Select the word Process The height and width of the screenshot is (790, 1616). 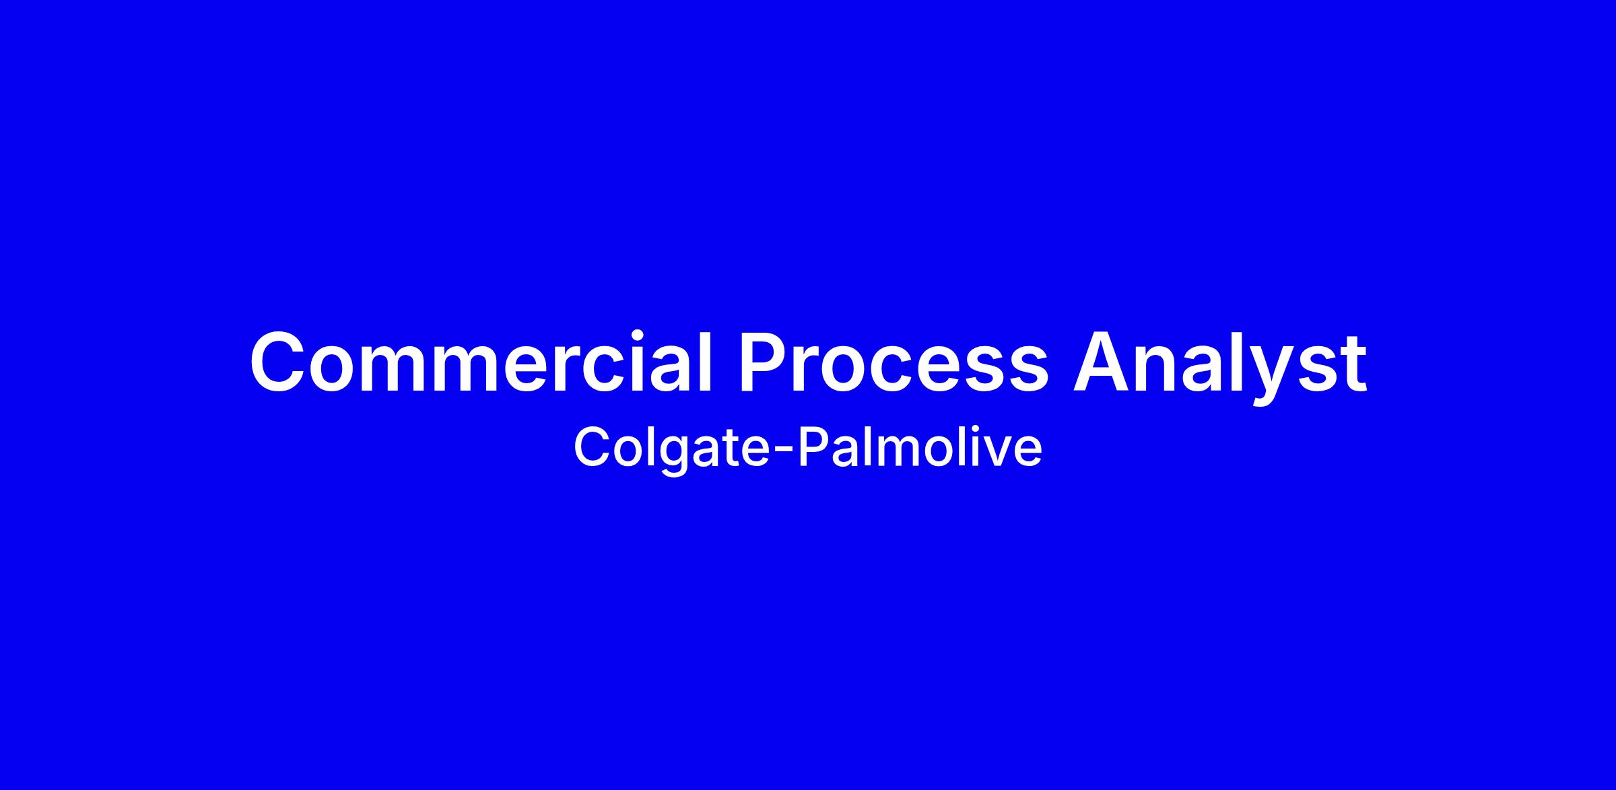click(894, 362)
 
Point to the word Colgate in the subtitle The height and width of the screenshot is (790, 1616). click(670, 449)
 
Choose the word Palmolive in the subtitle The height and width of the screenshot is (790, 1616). click(920, 447)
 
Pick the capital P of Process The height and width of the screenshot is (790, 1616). click(766, 362)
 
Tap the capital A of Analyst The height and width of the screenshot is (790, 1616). click(1103, 362)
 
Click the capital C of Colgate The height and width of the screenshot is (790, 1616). click(592, 447)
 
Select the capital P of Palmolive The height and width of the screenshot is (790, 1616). click(814, 447)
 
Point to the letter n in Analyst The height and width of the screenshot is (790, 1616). click(1164, 370)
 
